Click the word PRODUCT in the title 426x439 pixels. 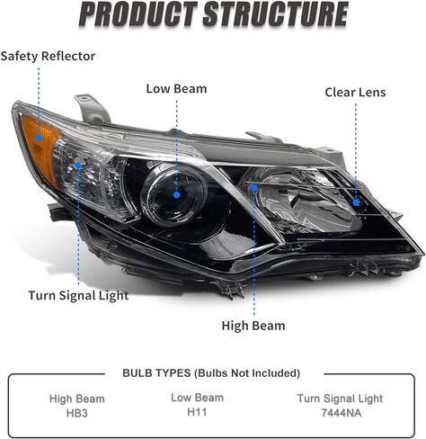point(138,14)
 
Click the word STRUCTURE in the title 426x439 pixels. point(276,14)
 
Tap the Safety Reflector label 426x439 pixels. point(48,56)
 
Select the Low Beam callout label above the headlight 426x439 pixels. point(176,89)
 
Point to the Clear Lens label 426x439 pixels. point(355,93)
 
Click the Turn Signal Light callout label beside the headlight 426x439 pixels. point(78,296)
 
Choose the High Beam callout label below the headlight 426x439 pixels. point(253,326)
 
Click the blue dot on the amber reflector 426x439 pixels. point(39,138)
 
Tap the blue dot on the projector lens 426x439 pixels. point(176,195)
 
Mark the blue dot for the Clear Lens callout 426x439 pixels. point(356,202)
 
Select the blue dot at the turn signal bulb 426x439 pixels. point(78,166)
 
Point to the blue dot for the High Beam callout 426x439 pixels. point(254,188)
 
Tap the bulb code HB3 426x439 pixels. point(77,413)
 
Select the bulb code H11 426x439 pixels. point(197,412)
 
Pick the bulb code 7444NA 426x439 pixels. point(341,413)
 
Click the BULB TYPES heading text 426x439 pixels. point(156,373)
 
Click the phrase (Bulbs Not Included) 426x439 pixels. point(247,373)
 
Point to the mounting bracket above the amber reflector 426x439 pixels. point(92,109)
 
